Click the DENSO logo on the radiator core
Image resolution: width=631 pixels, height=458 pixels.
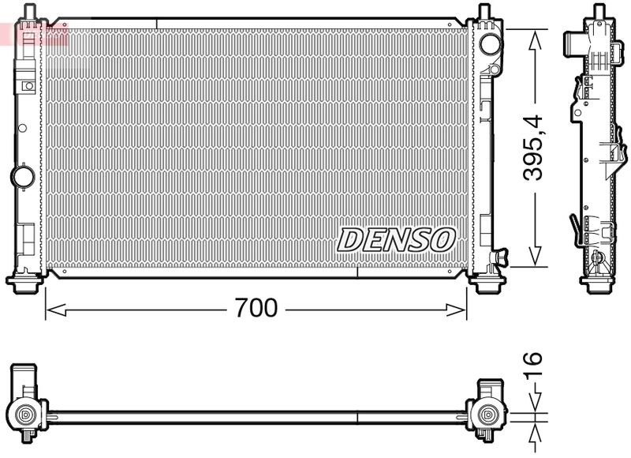[x=397, y=239]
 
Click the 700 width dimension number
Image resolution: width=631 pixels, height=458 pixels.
[x=256, y=308]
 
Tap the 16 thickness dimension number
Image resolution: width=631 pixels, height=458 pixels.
[x=534, y=369]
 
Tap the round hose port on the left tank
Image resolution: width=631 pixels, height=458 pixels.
[x=21, y=175]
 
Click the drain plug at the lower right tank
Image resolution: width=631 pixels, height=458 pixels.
[x=499, y=257]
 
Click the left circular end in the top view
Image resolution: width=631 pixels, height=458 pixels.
[x=27, y=414]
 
